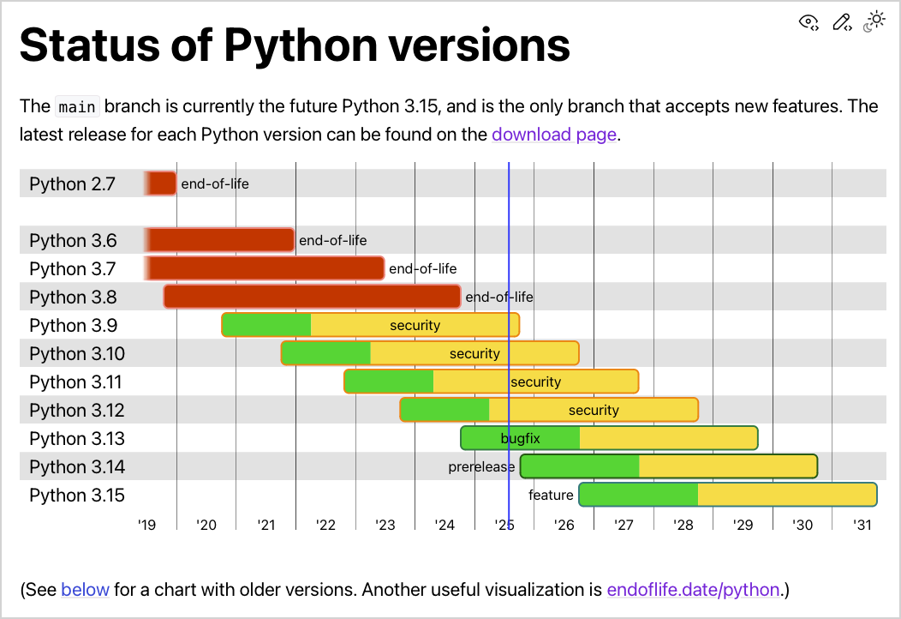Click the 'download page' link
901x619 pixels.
553,135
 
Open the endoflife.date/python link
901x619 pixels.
693,590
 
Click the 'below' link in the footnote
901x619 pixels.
85,590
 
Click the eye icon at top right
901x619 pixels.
809,23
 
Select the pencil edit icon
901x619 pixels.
842,23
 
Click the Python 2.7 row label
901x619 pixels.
72,183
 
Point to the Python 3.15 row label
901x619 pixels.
77,496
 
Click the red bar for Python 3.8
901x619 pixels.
312,297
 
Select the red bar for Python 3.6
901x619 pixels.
220,240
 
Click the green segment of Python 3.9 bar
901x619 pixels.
266,325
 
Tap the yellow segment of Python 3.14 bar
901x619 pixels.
728,466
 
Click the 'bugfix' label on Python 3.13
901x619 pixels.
520,439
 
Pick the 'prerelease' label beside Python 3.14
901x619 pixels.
481,467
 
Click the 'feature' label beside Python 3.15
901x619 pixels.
551,496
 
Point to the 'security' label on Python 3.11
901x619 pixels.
535,382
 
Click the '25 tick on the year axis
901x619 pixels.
504,525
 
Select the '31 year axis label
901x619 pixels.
862,525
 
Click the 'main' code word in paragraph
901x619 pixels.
77,107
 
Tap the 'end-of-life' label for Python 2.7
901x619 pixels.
215,183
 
